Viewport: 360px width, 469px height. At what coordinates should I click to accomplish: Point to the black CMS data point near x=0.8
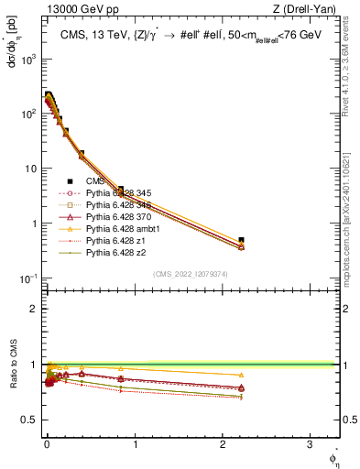pyautogui.click(x=120, y=189)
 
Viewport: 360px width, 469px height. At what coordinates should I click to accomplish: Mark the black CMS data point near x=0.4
pyautogui.click(x=82, y=154)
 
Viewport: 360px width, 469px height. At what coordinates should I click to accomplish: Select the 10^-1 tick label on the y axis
pyautogui.click(x=29, y=278)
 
